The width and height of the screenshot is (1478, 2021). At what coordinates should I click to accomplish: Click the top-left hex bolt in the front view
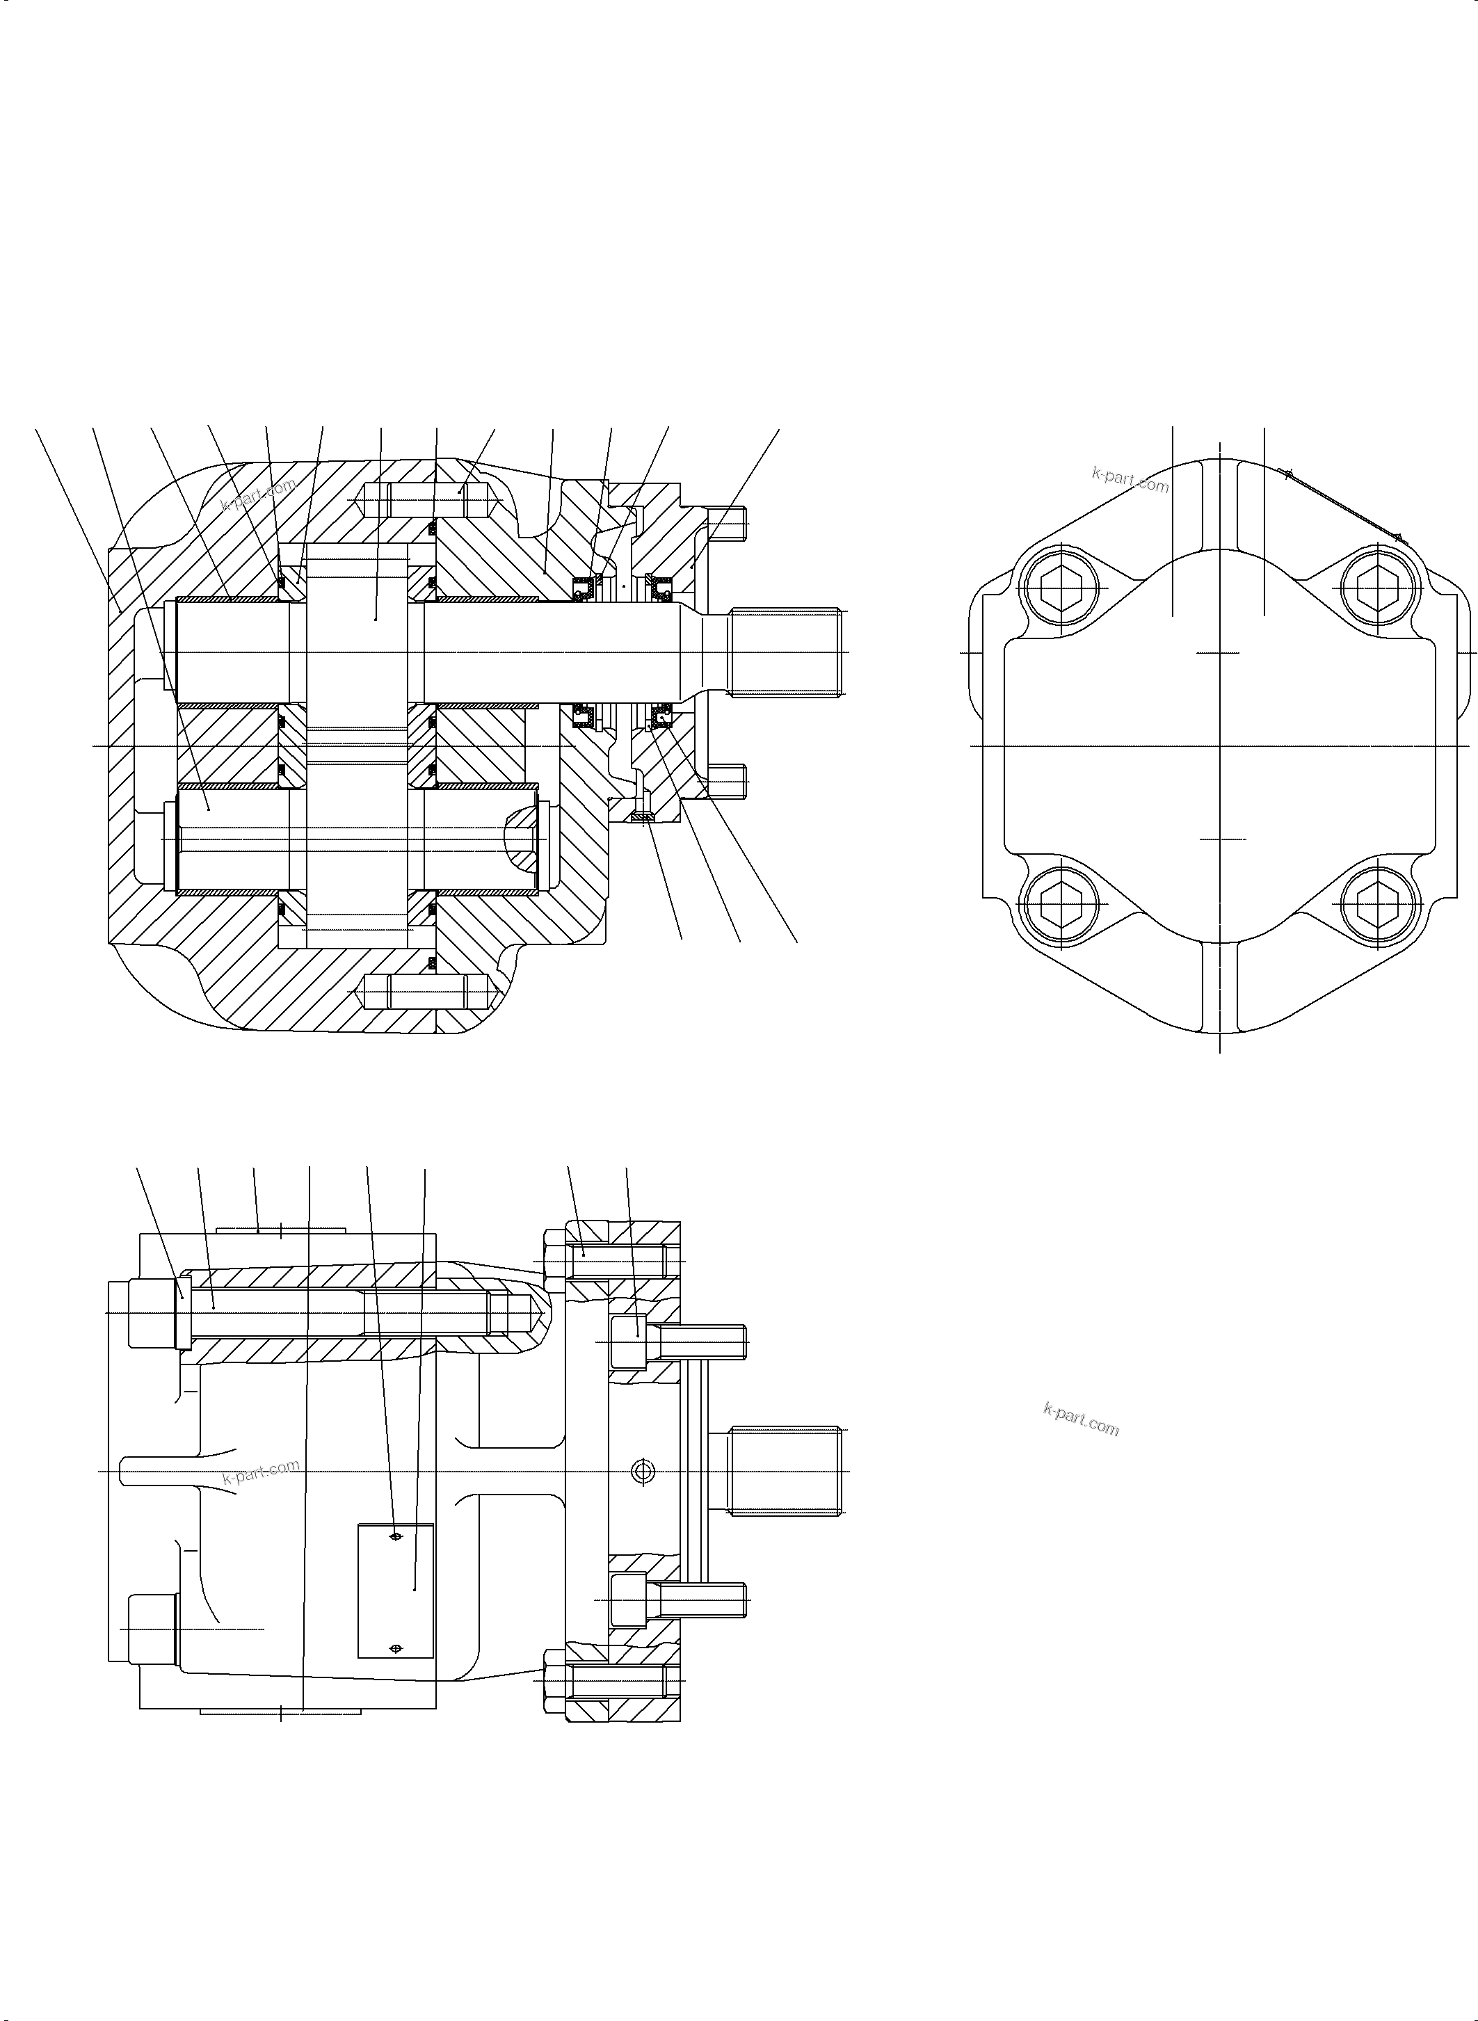[x=1062, y=588]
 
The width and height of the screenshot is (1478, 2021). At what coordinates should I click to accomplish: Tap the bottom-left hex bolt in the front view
[x=1062, y=903]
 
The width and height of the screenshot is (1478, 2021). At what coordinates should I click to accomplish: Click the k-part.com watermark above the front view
[x=1130, y=481]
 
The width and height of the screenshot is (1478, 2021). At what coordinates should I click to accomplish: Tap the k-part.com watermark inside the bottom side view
[x=262, y=1472]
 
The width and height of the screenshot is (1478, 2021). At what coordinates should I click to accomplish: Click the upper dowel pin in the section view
[x=428, y=499]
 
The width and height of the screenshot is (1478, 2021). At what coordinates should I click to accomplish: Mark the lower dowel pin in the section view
[x=428, y=991]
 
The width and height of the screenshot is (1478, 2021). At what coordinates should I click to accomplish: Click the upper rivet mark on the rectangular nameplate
[x=396, y=1537]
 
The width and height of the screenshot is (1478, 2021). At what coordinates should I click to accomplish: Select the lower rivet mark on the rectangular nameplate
[x=396, y=1648]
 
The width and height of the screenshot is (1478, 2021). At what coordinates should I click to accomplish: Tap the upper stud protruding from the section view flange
[x=726, y=524]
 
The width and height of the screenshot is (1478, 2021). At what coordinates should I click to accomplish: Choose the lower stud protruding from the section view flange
[x=726, y=783]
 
